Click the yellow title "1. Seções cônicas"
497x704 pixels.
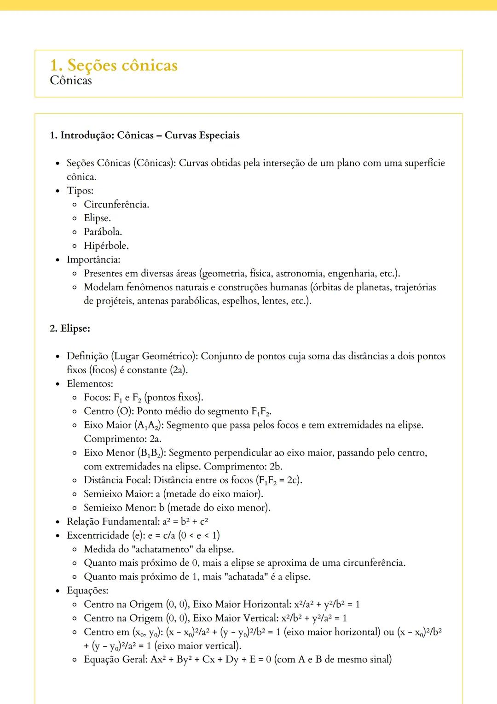114,65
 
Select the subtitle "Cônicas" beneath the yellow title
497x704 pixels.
71,81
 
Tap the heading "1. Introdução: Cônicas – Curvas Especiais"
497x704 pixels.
144,135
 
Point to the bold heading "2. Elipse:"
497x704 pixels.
70,329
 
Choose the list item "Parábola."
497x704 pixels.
103,232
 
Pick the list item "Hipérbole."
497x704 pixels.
106,246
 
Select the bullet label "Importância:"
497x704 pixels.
93,259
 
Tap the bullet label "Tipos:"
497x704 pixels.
80,191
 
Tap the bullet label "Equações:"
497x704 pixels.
87,591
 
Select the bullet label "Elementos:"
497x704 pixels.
90,384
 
